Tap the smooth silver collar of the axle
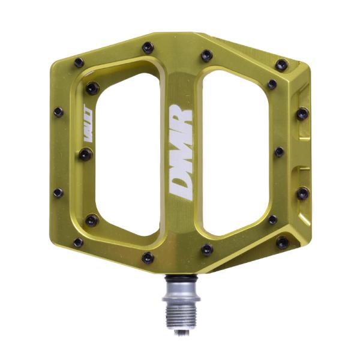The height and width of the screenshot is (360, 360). (x=178, y=289)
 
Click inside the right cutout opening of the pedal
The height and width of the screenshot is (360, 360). (x=234, y=150)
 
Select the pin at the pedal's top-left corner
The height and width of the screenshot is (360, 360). (x=78, y=62)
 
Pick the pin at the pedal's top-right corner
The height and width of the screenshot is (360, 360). (x=281, y=64)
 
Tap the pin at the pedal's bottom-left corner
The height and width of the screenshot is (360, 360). (x=78, y=242)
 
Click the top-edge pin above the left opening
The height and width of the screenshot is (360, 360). (x=148, y=47)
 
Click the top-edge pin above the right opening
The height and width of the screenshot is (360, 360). (x=207, y=55)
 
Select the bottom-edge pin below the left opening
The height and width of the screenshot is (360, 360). (x=147, y=258)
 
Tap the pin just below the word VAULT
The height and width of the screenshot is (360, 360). (x=86, y=154)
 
